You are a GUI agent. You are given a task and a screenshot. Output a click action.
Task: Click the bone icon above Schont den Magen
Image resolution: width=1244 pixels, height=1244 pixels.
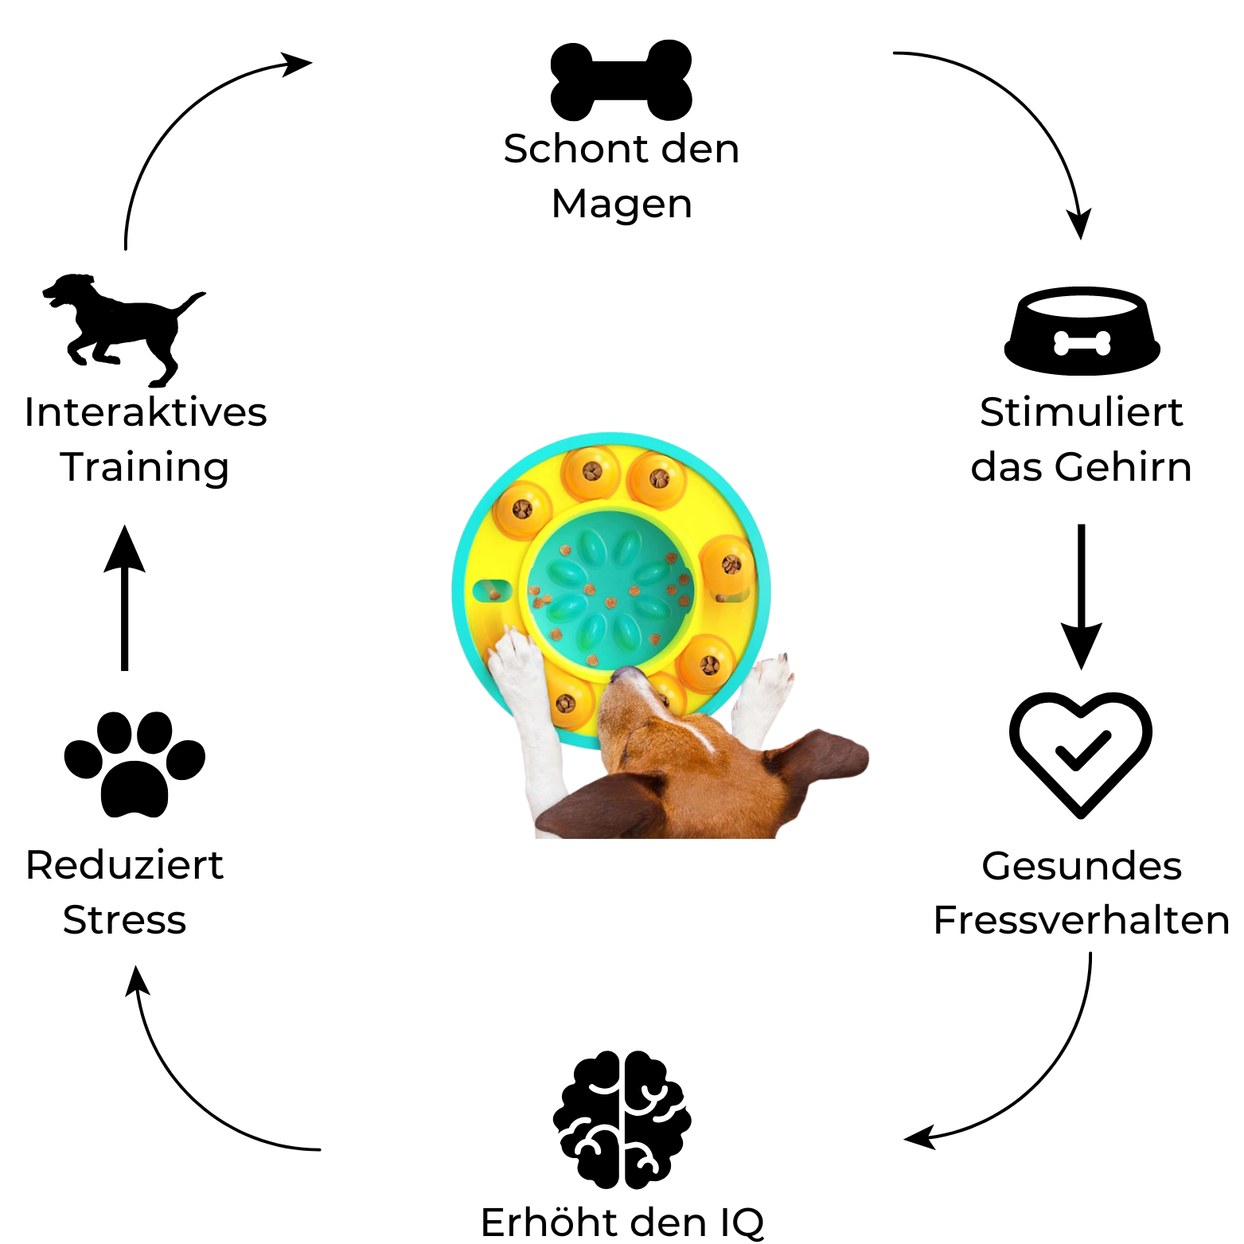(x=622, y=80)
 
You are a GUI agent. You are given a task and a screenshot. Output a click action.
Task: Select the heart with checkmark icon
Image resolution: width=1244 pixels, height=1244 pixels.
(x=1081, y=753)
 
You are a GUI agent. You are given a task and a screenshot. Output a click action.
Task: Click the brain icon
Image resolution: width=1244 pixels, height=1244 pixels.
(x=622, y=1119)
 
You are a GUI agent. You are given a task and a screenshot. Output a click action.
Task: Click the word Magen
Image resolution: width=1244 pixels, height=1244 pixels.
(x=622, y=205)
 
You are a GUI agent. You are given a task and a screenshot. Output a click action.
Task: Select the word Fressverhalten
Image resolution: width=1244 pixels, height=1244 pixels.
(x=1081, y=920)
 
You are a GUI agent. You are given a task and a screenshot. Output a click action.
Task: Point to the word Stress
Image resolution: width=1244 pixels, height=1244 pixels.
(x=124, y=920)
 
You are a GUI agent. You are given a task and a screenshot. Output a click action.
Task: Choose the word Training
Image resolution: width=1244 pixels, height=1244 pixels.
(x=145, y=468)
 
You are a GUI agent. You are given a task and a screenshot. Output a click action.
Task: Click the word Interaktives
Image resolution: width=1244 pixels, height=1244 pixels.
(x=146, y=412)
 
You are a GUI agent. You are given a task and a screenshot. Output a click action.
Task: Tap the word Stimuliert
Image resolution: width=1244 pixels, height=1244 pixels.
(x=1081, y=412)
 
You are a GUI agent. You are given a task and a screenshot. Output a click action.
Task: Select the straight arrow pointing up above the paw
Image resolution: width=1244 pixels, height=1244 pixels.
(x=125, y=597)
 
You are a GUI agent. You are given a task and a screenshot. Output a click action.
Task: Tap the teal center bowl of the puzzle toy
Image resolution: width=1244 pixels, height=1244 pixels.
(x=609, y=589)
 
